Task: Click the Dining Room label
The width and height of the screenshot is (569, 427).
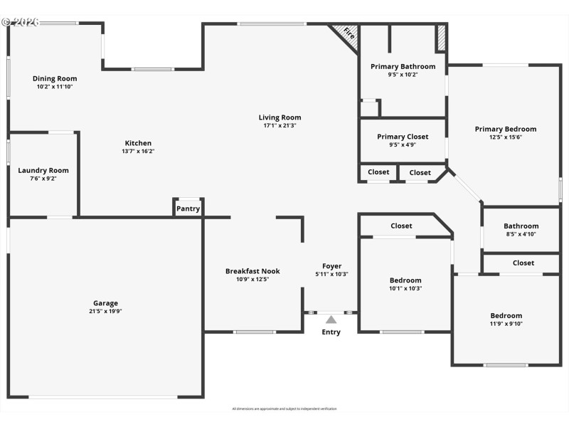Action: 55,78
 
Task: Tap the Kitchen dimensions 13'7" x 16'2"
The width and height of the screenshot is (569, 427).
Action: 138,151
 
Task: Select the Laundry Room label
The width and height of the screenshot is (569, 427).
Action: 43,170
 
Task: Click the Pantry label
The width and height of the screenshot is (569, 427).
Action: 188,209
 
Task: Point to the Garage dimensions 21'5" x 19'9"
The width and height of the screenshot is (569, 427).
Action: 105,311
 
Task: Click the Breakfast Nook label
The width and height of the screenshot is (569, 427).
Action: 252,271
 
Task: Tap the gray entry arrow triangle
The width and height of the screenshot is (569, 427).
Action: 331,320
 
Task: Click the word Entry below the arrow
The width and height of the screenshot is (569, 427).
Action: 331,332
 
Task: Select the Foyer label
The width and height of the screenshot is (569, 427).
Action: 331,266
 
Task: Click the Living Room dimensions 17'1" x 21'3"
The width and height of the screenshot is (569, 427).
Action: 280,126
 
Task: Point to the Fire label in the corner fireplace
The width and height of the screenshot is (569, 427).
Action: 349,33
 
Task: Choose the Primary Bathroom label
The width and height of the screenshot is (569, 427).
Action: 403,66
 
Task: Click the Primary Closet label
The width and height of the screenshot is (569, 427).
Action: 403,137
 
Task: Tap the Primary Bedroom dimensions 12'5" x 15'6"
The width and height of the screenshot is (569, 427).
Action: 506,137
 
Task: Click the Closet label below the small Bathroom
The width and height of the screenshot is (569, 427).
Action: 523,263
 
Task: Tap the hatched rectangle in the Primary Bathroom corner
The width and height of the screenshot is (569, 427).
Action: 441,38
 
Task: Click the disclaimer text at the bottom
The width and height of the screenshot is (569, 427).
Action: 284,408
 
